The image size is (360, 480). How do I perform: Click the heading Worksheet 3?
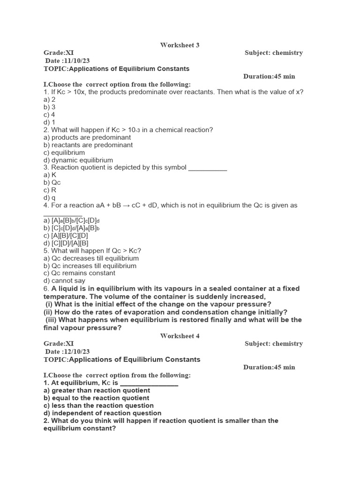click(x=180, y=45)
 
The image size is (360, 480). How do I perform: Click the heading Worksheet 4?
click(x=180, y=336)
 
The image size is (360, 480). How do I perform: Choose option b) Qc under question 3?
click(x=52, y=182)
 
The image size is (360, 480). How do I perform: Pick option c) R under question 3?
click(x=50, y=190)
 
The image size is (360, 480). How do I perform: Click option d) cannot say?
click(x=64, y=281)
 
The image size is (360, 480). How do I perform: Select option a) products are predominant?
click(x=87, y=137)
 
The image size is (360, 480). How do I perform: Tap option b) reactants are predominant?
click(x=88, y=145)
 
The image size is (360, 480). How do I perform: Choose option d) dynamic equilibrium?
click(x=78, y=160)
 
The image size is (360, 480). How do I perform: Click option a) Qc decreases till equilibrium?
click(x=91, y=258)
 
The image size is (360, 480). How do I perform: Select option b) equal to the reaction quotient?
click(x=96, y=398)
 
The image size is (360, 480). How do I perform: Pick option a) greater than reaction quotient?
click(x=97, y=390)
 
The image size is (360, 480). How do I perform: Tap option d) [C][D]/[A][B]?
click(x=66, y=243)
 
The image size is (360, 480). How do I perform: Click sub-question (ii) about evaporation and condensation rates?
click(x=165, y=312)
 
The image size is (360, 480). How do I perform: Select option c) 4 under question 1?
click(x=49, y=114)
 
